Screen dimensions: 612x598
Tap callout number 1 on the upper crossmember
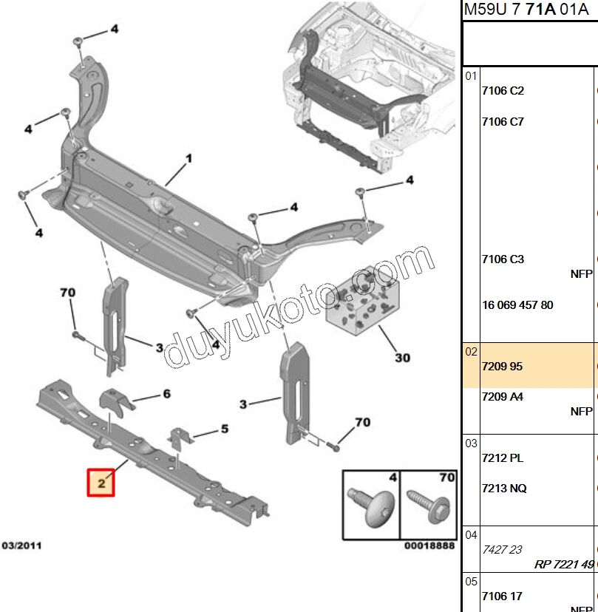point(188,158)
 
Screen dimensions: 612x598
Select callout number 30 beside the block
point(401,358)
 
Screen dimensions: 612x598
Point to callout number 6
point(166,394)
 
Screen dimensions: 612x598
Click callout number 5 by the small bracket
point(224,429)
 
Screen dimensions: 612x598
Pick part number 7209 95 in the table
point(502,366)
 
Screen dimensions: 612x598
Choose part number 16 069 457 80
point(517,305)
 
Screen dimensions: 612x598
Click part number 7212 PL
point(502,458)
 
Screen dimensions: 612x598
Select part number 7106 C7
point(502,121)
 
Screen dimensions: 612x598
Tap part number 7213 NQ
point(503,489)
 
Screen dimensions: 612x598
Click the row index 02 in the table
point(472,353)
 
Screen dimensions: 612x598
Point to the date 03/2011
point(21,545)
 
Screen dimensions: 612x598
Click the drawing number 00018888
point(429,546)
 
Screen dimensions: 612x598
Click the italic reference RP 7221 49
point(564,564)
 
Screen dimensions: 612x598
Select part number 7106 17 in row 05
point(502,596)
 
